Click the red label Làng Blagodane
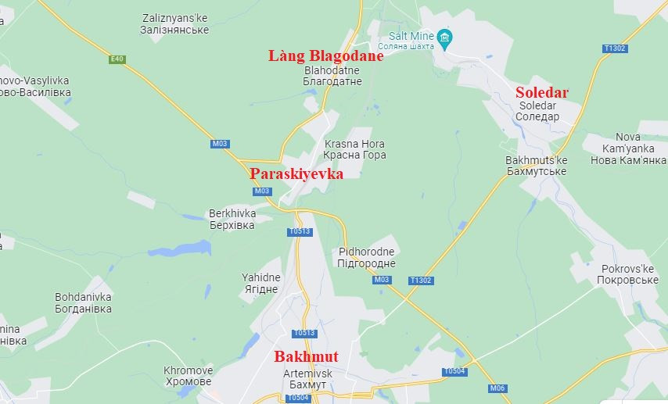(325, 55)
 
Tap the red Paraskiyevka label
(296, 173)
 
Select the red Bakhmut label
(306, 357)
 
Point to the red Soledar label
(541, 92)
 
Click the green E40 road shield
(117, 59)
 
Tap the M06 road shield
(497, 388)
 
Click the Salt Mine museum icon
(445, 37)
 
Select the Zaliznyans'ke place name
(175, 23)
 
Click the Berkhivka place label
(232, 219)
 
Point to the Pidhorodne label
(366, 258)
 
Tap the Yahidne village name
(260, 283)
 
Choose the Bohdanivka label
(83, 303)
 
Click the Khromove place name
(188, 376)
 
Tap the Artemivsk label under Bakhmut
(307, 379)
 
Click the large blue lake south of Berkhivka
(181, 249)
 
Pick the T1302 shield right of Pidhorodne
(421, 281)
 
